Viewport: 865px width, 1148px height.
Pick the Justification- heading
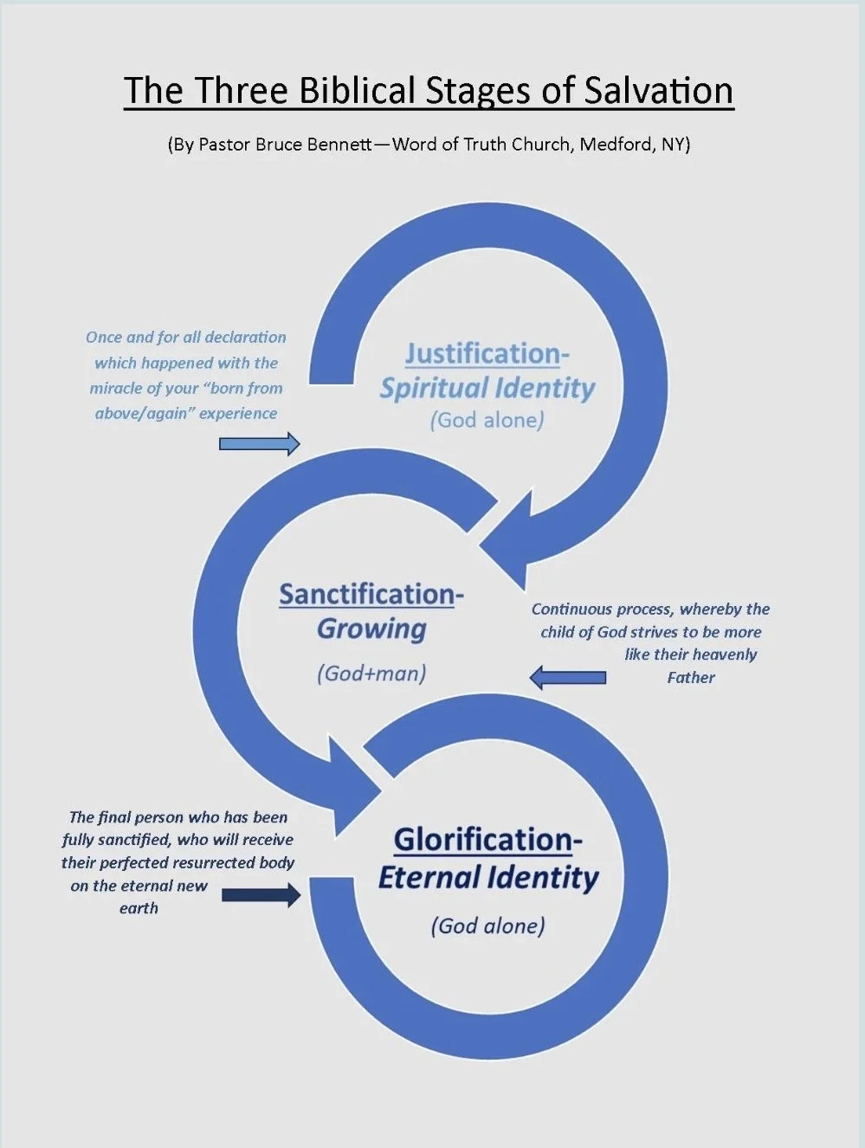pyautogui.click(x=487, y=353)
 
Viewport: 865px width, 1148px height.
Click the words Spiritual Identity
pyautogui.click(x=487, y=388)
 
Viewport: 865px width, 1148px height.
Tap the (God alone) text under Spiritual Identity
pyautogui.click(x=487, y=421)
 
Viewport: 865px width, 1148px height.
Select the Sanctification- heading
pyautogui.click(x=371, y=594)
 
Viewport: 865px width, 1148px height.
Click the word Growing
pyautogui.click(x=371, y=629)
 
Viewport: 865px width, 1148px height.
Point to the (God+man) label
pyautogui.click(x=371, y=673)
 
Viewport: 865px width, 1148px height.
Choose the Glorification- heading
pyautogui.click(x=487, y=839)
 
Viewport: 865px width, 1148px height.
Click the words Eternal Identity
pyautogui.click(x=488, y=878)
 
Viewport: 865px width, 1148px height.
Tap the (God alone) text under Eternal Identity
pyautogui.click(x=488, y=925)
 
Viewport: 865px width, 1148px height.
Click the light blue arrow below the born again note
pyautogui.click(x=259, y=444)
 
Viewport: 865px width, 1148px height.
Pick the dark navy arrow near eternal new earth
pyautogui.click(x=261, y=894)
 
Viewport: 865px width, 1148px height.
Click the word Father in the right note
pyautogui.click(x=691, y=677)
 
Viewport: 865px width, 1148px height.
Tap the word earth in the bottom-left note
pyautogui.click(x=139, y=908)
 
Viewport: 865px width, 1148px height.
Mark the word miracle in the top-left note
pyautogui.click(x=118, y=388)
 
